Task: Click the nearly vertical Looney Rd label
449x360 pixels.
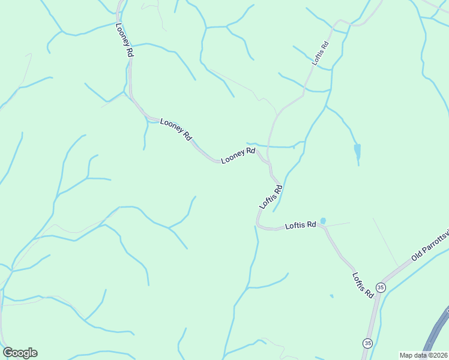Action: [124, 40]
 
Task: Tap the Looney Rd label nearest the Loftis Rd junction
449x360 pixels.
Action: [238, 156]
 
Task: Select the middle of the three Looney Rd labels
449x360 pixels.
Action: [176, 130]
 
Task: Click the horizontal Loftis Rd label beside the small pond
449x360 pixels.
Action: [301, 226]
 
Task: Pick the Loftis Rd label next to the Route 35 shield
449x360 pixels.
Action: [363, 286]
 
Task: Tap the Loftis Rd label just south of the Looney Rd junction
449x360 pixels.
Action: [271, 197]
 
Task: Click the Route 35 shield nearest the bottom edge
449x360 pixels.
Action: [367, 343]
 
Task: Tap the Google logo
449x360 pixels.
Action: [20, 353]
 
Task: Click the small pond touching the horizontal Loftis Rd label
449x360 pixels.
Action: [323, 221]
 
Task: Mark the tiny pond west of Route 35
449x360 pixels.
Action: [331, 296]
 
